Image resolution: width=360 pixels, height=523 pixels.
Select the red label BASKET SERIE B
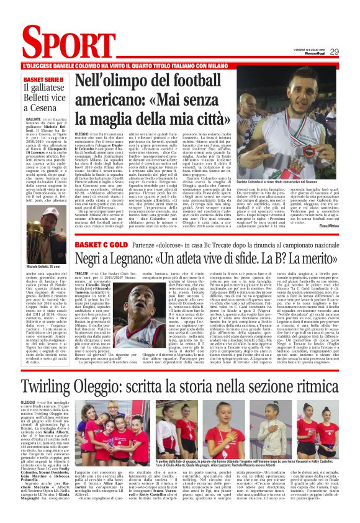[x=45, y=80]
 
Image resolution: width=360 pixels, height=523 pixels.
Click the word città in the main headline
[x=202, y=116]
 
